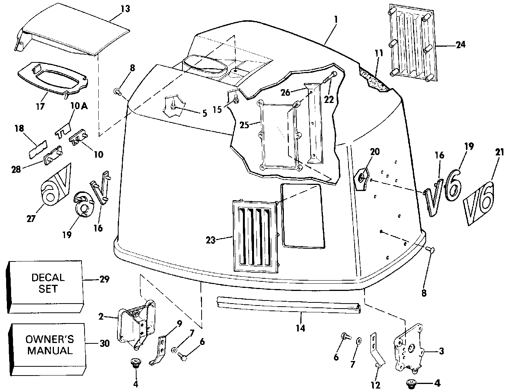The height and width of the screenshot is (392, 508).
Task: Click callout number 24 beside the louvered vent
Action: (x=461, y=45)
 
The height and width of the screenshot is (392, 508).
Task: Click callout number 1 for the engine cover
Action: (x=335, y=19)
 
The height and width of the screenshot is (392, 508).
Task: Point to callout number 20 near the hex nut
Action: (x=374, y=152)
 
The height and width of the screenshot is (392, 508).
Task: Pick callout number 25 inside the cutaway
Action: (x=244, y=125)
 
